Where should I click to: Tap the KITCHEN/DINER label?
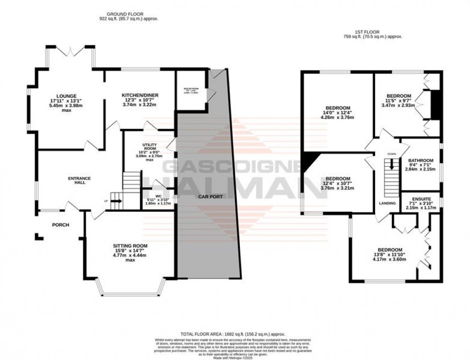coord(137,95)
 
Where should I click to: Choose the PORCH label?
coord(61,225)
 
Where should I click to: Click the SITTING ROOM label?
coord(129,246)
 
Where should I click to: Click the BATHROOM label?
coord(421,160)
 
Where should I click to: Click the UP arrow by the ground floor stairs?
coord(116,201)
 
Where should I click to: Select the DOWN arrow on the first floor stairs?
coord(392,164)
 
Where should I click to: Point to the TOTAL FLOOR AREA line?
coord(233,334)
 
